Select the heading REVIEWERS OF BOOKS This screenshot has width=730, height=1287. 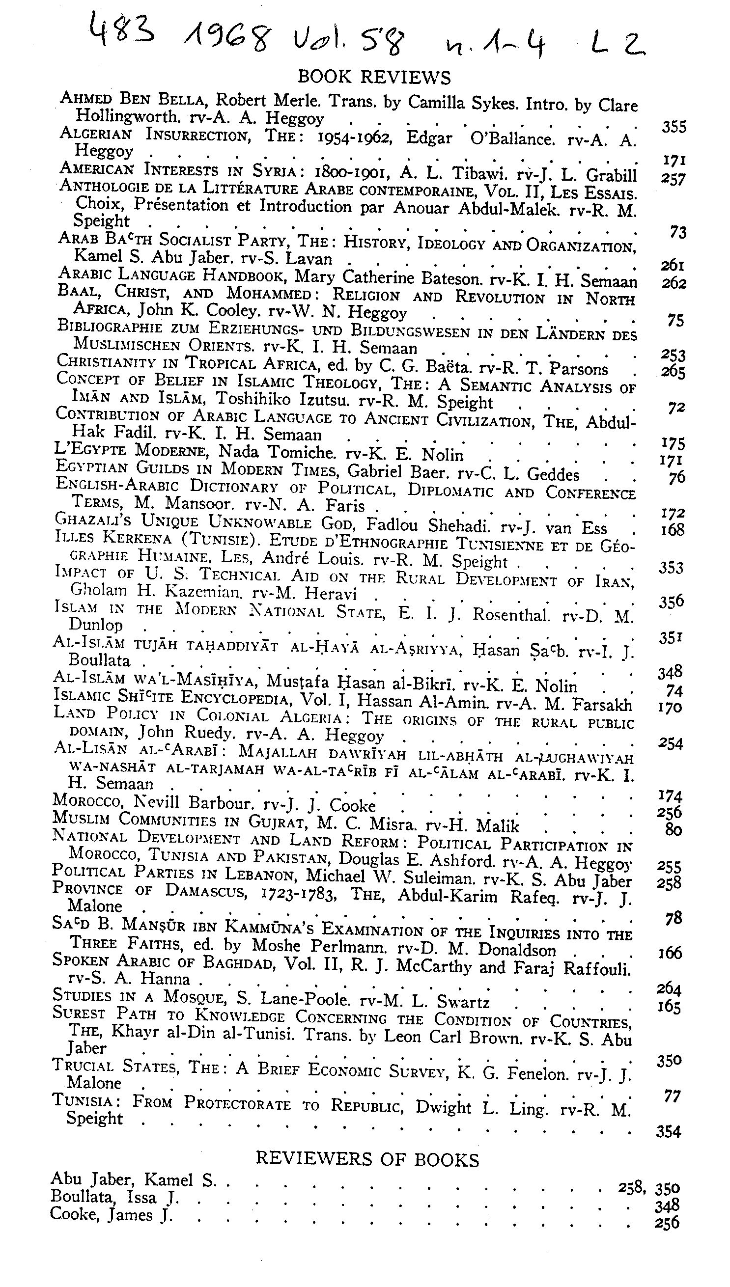coord(367,1160)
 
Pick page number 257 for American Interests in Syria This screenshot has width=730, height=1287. coord(673,178)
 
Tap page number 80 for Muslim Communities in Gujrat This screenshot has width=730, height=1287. coord(673,830)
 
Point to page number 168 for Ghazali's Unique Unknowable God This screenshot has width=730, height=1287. coord(673,529)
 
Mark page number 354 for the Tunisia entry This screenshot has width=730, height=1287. coord(668,1131)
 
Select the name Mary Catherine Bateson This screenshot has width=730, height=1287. coord(386,276)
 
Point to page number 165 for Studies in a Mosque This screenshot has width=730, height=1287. coord(668,1006)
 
